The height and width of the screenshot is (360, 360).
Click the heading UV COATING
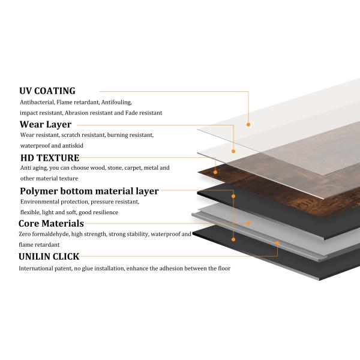coord(47,91)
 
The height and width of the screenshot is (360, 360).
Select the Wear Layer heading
coord(46,125)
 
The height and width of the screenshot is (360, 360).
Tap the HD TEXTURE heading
coord(49,158)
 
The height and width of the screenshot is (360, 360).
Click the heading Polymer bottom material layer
coord(89,191)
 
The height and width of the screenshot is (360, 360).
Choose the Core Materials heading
coord(51,223)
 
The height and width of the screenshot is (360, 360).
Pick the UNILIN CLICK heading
coord(49,256)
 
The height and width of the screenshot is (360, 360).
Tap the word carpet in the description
coord(121,168)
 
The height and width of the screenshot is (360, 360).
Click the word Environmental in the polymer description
coord(43,202)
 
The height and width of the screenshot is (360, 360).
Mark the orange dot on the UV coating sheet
coord(248,124)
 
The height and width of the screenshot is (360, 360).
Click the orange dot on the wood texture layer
coord(215,159)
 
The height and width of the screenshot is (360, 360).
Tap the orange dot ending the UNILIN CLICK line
coord(277,244)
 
